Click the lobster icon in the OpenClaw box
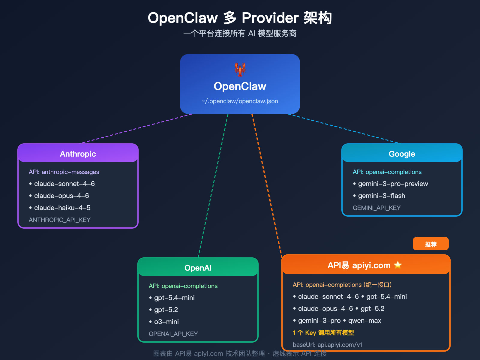[x=240, y=70]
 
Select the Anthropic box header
[x=78, y=154]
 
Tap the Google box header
[x=402, y=154]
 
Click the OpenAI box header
[x=198, y=268]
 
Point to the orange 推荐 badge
[x=430, y=244]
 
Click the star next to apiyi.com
[x=398, y=265]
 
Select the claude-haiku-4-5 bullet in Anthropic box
[x=62, y=208]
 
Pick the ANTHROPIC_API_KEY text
[x=59, y=220]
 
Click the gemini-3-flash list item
[x=381, y=196]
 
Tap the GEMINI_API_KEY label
[x=376, y=208]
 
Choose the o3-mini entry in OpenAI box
[x=166, y=322]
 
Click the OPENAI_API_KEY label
[x=173, y=334]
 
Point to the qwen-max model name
[x=364, y=320]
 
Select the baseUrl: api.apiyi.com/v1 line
[x=327, y=345]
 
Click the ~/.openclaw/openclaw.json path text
[x=240, y=101]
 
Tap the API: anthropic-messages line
[x=64, y=172]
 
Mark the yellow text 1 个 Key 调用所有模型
[x=323, y=333]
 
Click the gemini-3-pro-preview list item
[x=393, y=184]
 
